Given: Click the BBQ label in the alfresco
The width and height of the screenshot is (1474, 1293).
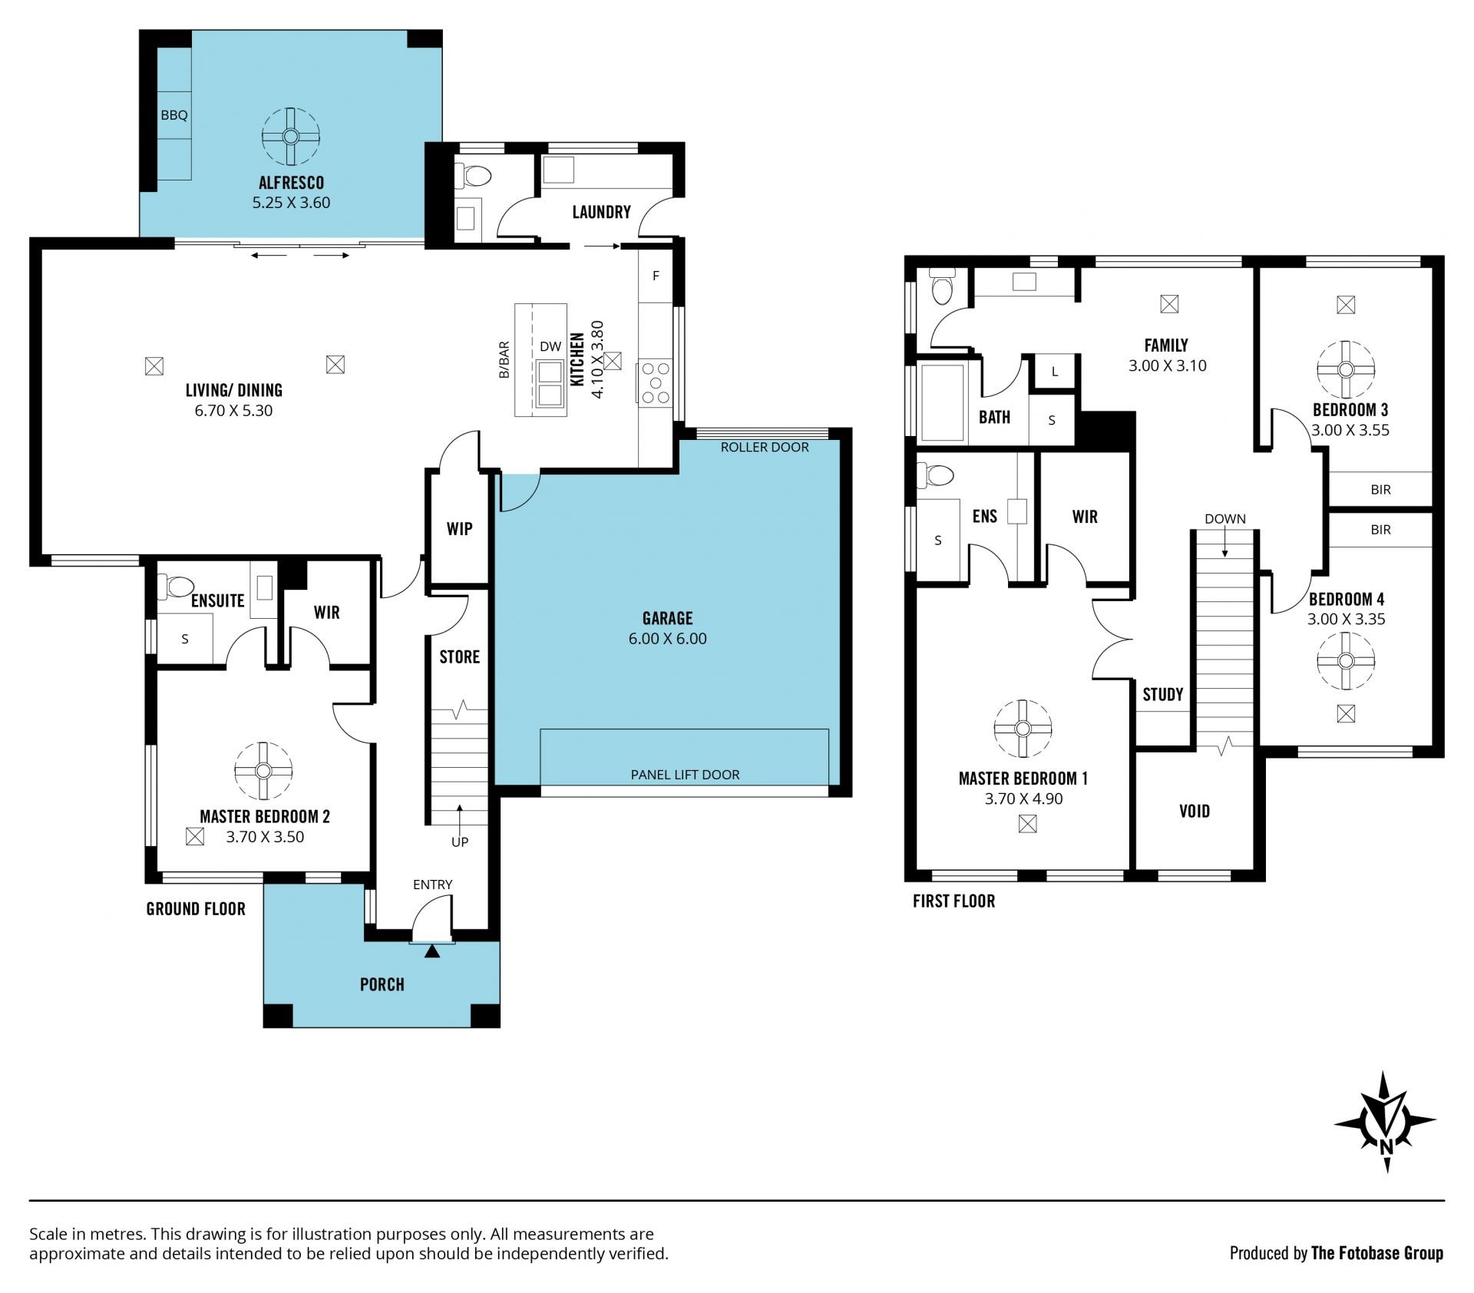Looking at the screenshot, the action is point(174,115).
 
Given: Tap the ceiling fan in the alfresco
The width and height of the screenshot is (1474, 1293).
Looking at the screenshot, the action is point(290,137).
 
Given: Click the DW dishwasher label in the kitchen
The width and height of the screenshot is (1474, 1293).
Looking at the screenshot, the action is point(550,346).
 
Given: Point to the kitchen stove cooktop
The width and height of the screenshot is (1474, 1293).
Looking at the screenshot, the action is point(655,382).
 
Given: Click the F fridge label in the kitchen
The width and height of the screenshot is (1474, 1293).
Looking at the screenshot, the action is point(656,276).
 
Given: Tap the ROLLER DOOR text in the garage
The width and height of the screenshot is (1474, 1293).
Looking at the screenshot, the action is point(765,447).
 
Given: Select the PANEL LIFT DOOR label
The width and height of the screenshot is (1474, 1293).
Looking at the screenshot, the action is point(685,775).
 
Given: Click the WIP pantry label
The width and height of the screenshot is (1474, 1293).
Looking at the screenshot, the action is point(459,528).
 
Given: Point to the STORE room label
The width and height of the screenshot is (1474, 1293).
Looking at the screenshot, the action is point(459,656).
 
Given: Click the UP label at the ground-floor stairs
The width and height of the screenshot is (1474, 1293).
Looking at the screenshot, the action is point(460,842).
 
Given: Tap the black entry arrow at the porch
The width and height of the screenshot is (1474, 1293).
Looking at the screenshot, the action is point(432,951).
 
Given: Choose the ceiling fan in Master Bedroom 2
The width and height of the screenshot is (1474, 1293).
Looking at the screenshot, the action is point(263,771).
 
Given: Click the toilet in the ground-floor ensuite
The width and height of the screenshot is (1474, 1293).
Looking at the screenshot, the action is point(174,587).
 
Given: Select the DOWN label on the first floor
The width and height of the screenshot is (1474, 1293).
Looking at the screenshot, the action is point(1224,518).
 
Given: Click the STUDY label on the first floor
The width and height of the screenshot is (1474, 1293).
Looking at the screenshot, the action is point(1162,695).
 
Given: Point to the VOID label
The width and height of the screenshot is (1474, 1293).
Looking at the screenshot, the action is point(1194,811).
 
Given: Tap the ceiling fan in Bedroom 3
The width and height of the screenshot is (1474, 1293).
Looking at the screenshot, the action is point(1345,369).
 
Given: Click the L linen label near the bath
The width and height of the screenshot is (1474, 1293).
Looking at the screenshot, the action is point(1055,372).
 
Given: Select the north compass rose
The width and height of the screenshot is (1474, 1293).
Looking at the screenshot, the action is point(1386,1123).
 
